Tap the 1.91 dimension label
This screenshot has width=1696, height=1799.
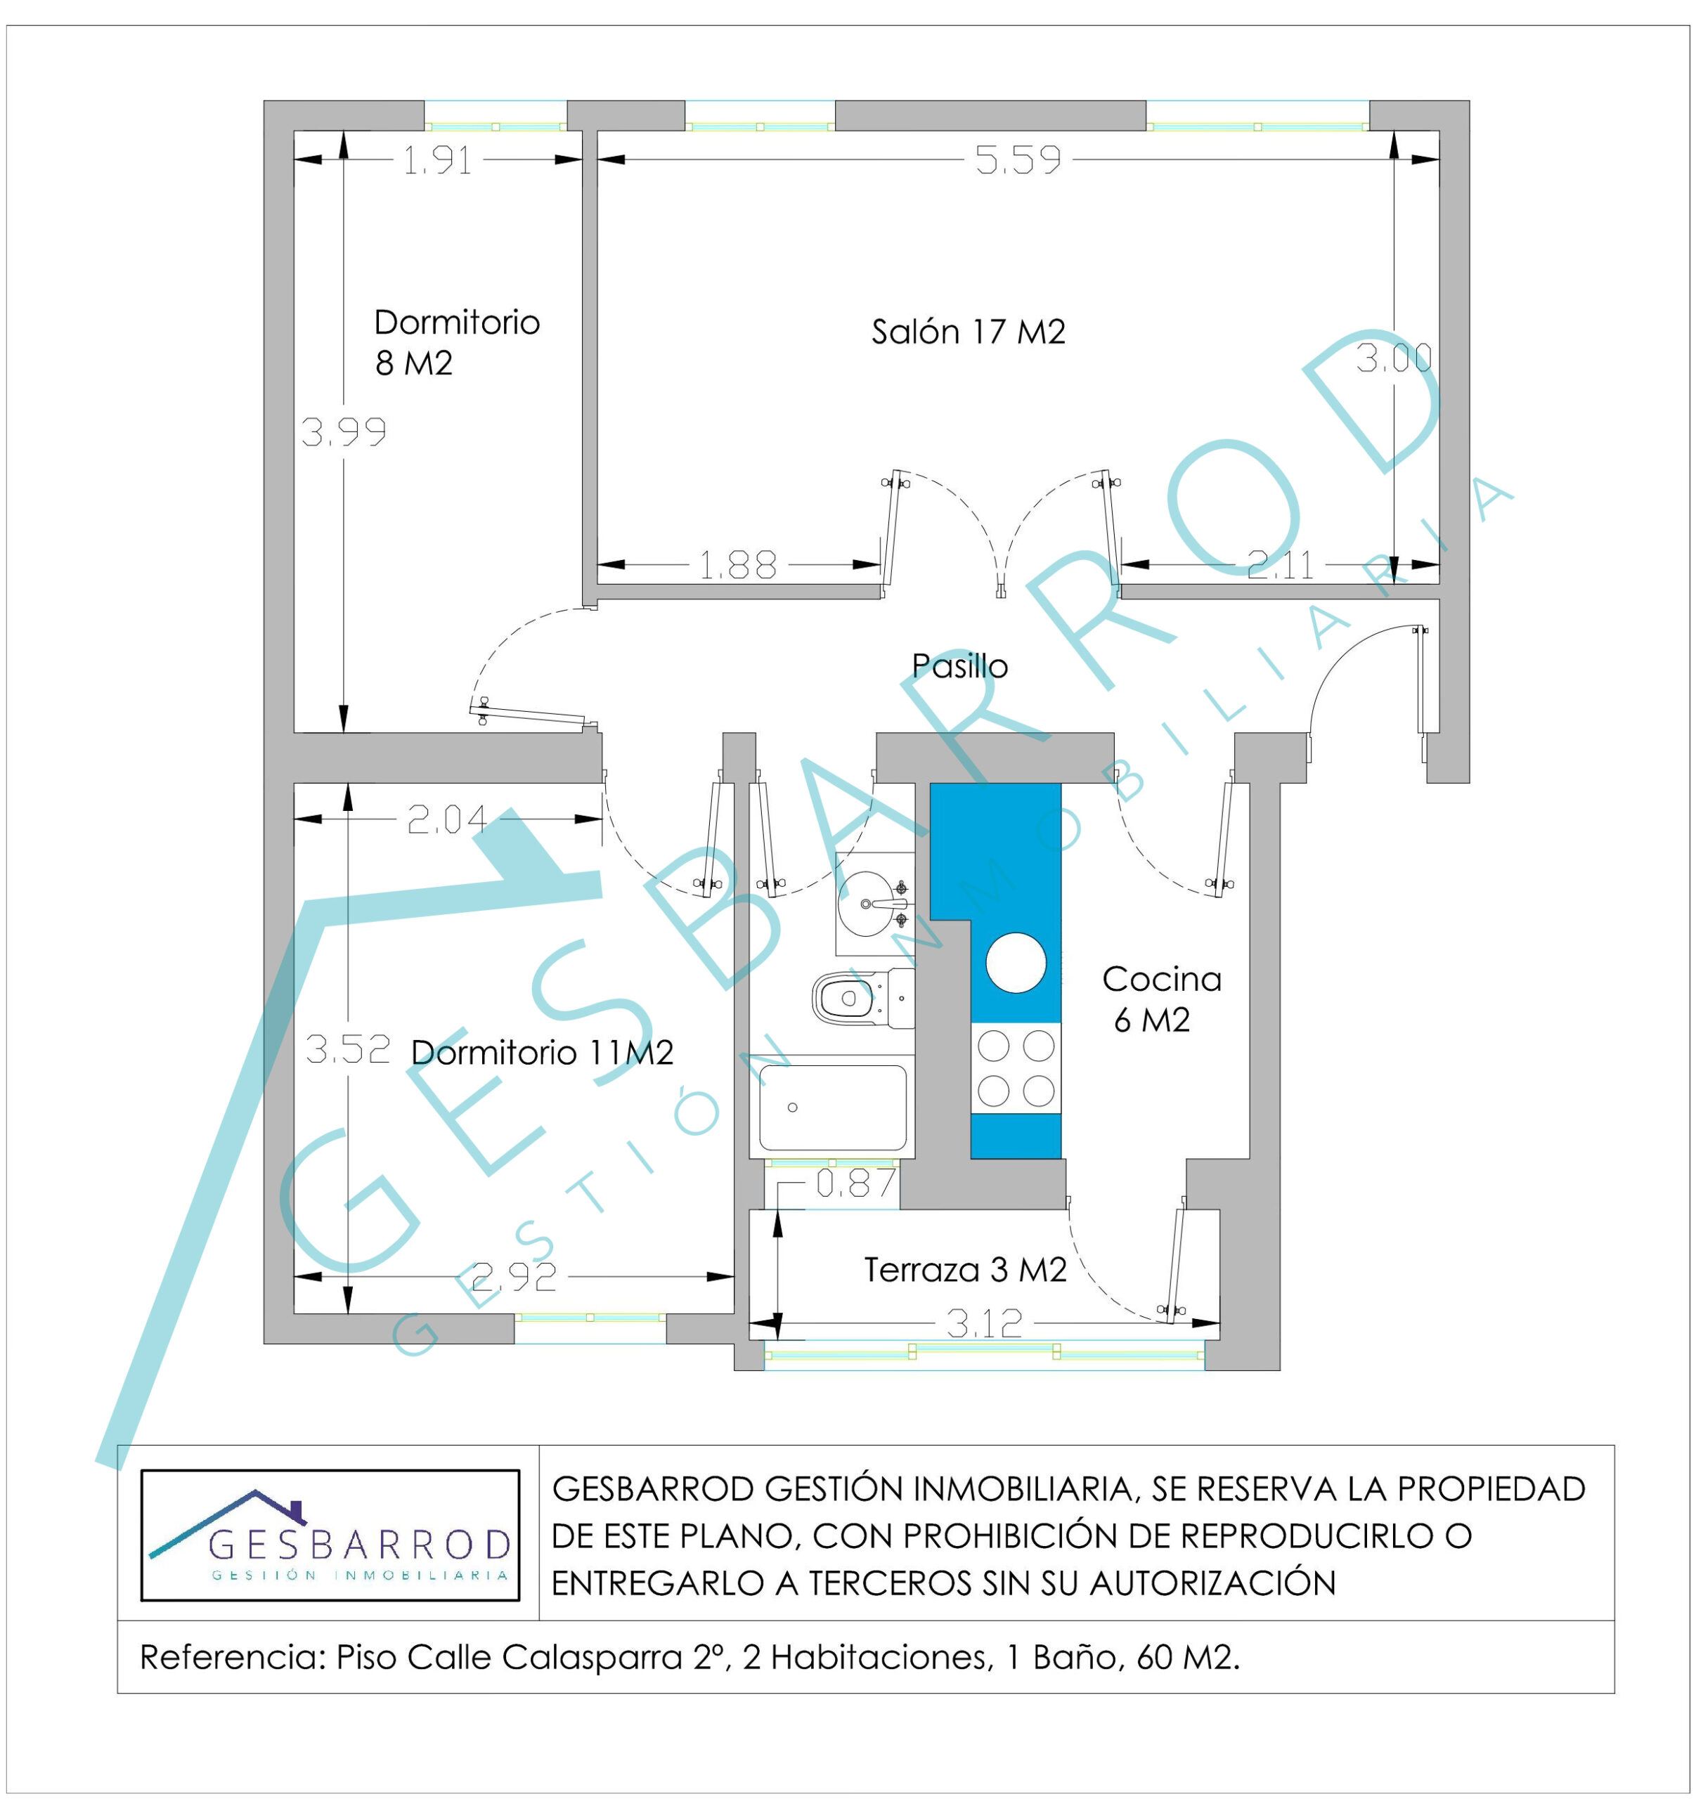(x=437, y=160)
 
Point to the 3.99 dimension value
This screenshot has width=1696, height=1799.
(x=344, y=431)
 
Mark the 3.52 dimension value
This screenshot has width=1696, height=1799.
(x=347, y=1048)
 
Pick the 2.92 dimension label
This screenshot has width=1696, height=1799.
(x=514, y=1277)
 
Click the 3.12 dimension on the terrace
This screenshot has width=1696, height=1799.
(x=984, y=1324)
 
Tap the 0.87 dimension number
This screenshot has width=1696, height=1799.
(x=856, y=1183)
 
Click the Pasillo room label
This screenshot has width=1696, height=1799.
(x=959, y=666)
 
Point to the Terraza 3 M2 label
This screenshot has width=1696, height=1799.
(x=966, y=1270)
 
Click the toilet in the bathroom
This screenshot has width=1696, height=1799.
(x=862, y=998)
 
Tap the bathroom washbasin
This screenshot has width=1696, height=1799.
(x=874, y=903)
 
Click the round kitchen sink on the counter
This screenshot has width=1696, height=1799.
(x=1016, y=963)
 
